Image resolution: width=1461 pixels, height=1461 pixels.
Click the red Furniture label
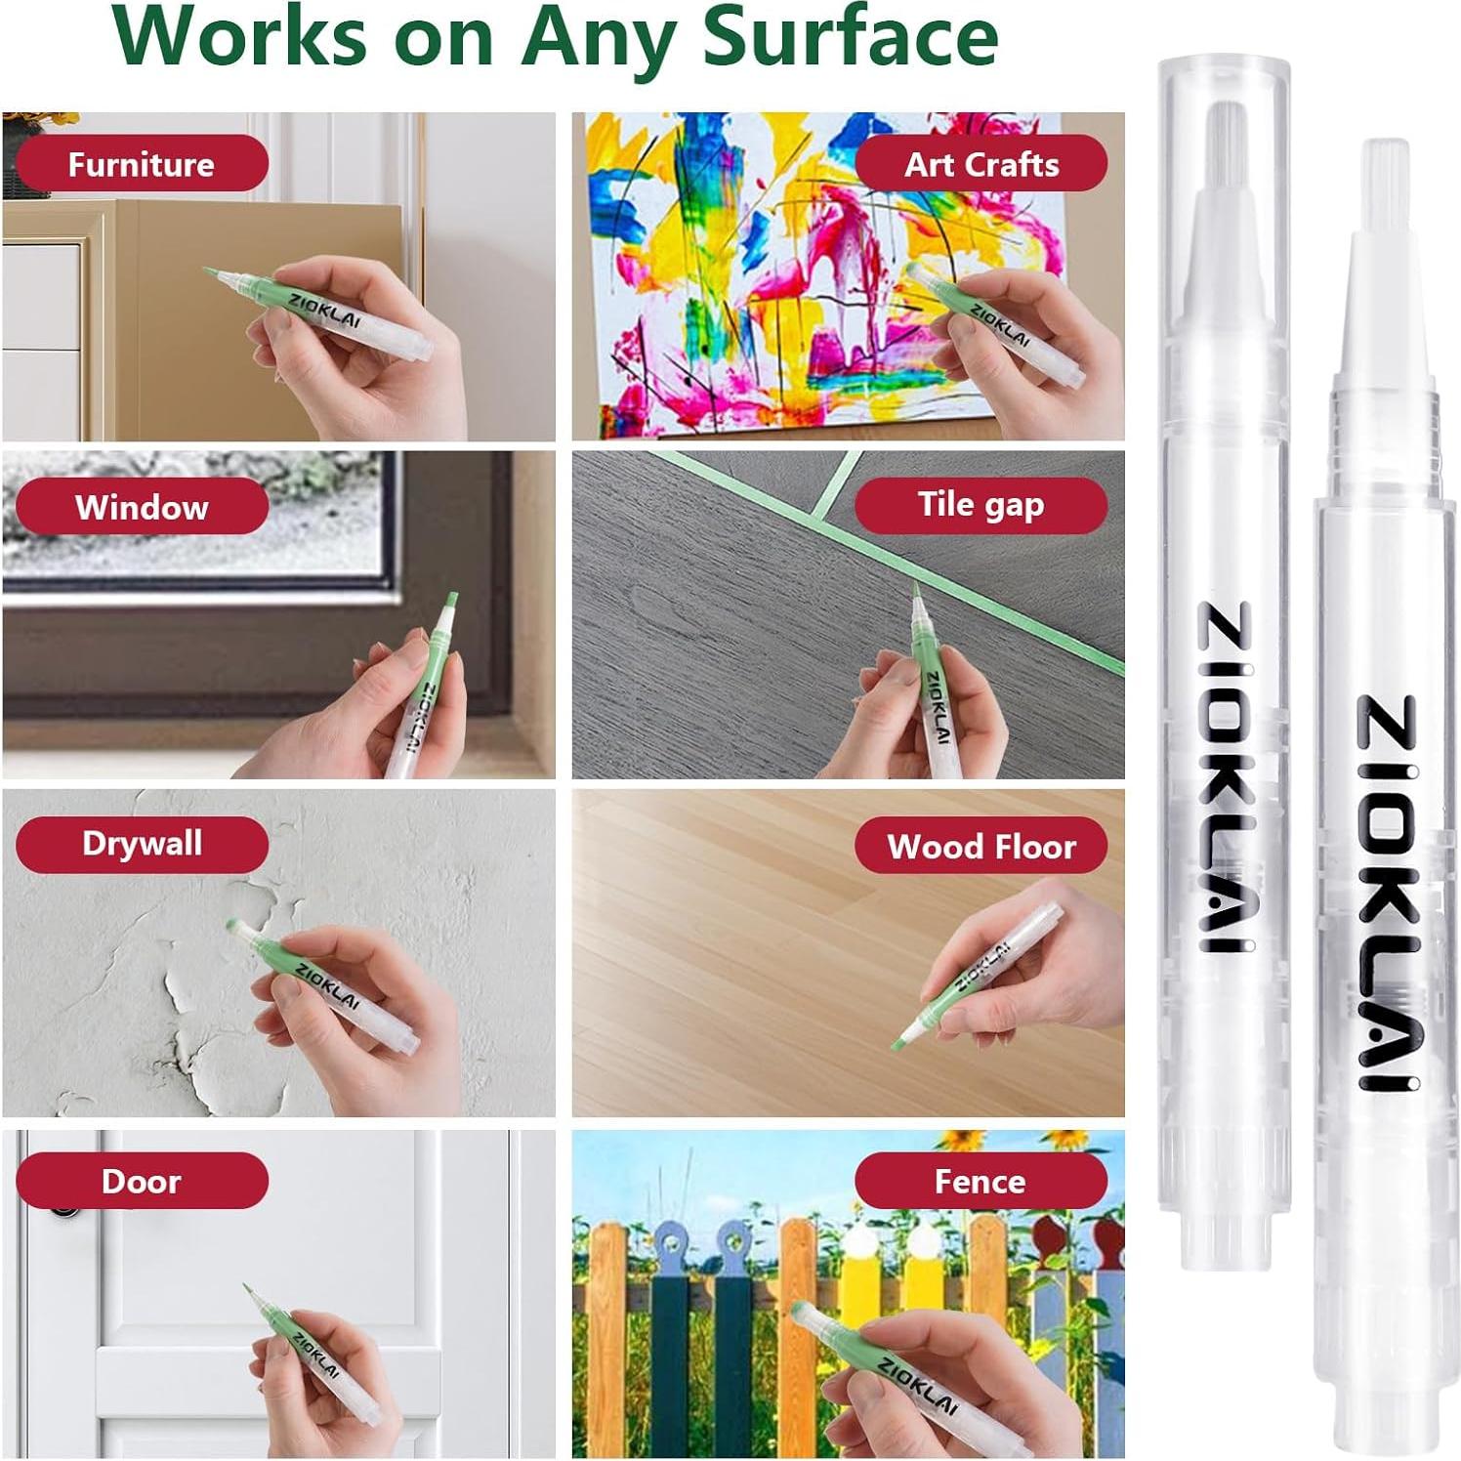click(x=142, y=164)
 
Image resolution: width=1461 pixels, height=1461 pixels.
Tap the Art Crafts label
click(x=981, y=164)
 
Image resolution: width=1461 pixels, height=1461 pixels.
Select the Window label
click(x=142, y=507)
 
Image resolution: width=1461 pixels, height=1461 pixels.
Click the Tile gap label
click(x=981, y=505)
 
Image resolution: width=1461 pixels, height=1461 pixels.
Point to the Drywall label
click(x=142, y=844)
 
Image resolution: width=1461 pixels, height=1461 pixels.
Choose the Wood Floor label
click(x=981, y=846)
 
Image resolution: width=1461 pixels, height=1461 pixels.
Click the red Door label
click(x=142, y=1182)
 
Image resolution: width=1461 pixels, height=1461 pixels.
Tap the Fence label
click(x=981, y=1182)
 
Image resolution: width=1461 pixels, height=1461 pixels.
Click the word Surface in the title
click(x=850, y=37)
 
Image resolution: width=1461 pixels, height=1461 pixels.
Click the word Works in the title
click(x=240, y=37)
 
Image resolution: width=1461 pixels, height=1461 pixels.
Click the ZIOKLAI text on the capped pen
click(x=1225, y=776)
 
